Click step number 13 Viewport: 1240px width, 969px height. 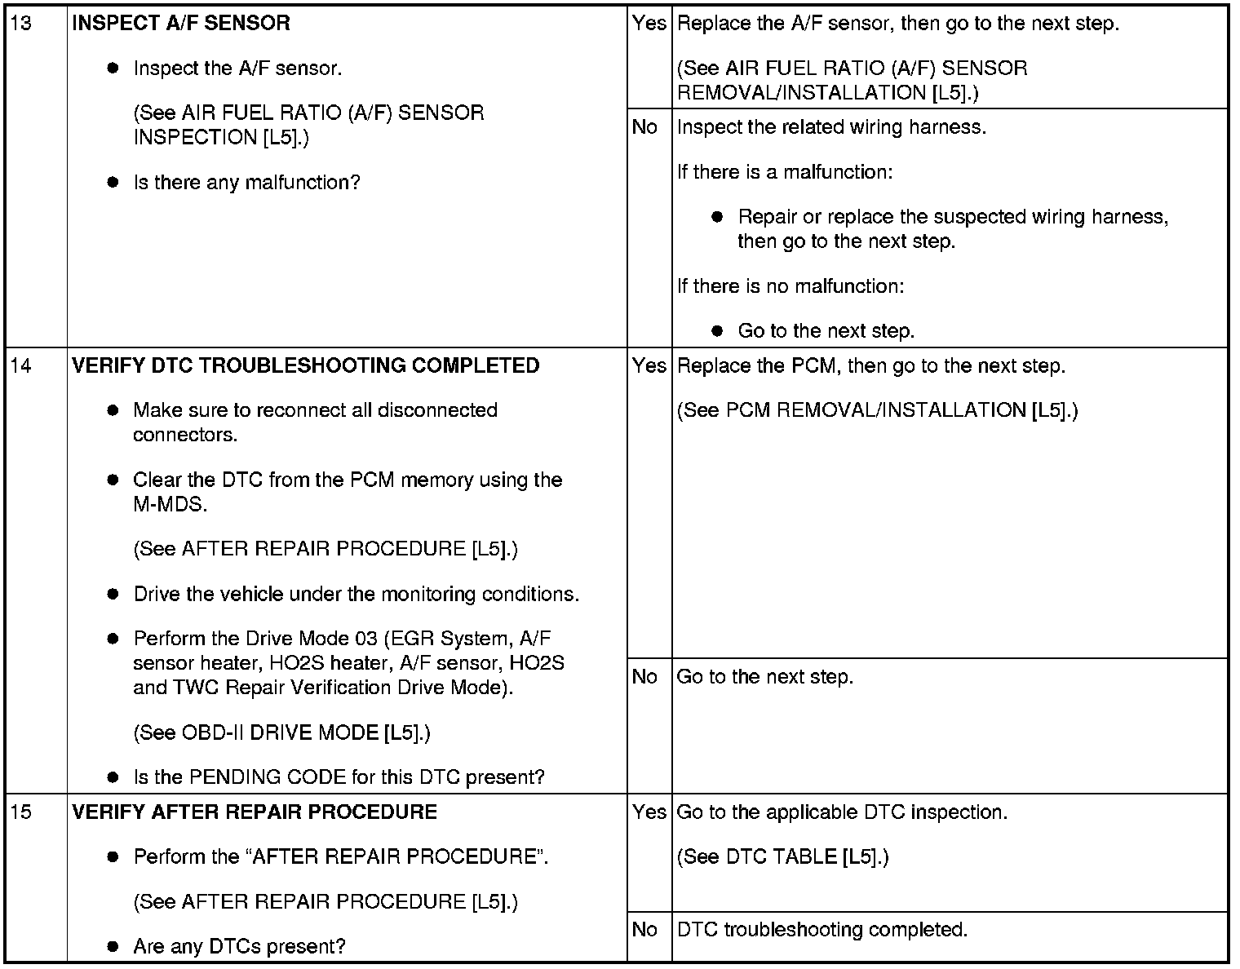tap(22, 23)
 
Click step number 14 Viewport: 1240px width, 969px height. tap(22, 365)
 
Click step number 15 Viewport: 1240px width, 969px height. tap(22, 812)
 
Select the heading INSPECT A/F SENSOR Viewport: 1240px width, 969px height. tap(181, 23)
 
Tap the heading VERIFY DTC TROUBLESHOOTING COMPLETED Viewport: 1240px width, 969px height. tap(306, 365)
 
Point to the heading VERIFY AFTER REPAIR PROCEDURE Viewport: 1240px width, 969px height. tap(255, 812)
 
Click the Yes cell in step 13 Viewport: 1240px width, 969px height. tap(649, 23)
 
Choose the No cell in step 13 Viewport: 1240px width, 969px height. tap(644, 126)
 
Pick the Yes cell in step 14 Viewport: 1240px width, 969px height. tap(649, 365)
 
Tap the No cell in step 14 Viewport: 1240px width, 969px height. tap(644, 676)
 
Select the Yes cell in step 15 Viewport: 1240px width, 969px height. tap(649, 812)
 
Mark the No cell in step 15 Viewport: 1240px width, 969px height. tap(644, 929)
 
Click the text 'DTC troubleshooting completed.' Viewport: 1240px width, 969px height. tap(822, 929)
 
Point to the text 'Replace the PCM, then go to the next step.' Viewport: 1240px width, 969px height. tap(871, 365)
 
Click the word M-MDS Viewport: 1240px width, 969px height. tap(170, 504)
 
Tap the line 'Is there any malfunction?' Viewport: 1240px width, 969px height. tap(246, 182)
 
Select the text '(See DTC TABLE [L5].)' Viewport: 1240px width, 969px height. tap(783, 856)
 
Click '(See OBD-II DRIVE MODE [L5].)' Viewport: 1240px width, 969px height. tap(281, 732)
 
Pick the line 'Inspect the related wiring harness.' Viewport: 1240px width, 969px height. tap(831, 127)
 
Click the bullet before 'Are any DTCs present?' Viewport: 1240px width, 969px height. tap(113, 947)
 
